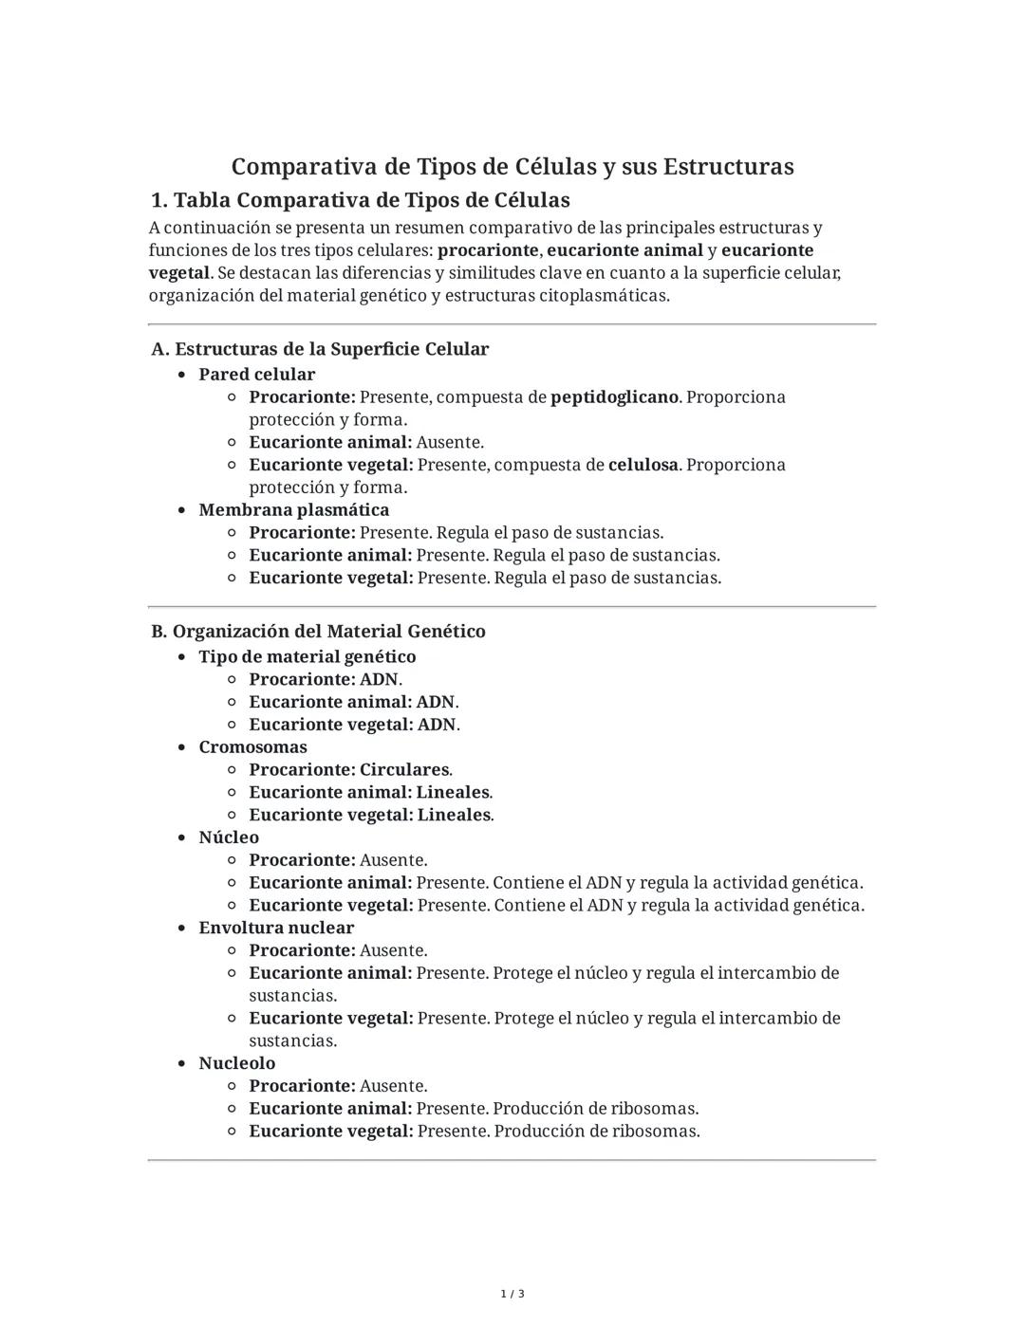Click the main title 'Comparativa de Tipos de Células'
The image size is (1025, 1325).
pos(512,167)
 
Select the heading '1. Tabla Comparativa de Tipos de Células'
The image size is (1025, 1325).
pos(361,200)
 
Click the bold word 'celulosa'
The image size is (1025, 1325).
pos(643,465)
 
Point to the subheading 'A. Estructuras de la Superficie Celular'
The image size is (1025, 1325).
pos(320,349)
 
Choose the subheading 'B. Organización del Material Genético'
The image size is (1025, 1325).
pos(318,632)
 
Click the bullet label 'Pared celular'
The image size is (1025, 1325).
pos(256,375)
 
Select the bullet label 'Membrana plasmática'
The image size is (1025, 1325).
pos(293,510)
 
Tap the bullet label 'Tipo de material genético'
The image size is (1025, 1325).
pos(307,656)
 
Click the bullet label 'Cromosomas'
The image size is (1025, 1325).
pos(252,747)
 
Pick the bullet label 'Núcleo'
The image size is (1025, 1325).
pos(229,837)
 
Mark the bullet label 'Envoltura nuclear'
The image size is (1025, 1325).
pos(276,928)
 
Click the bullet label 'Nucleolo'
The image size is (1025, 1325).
pos(236,1063)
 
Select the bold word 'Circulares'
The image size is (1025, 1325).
pos(404,769)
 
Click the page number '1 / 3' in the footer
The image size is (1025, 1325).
pos(512,1294)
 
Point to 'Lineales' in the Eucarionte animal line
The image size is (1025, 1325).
pos(453,792)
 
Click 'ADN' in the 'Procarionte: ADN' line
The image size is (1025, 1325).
pos(379,679)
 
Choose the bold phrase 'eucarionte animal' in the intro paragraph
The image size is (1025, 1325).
pos(624,250)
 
